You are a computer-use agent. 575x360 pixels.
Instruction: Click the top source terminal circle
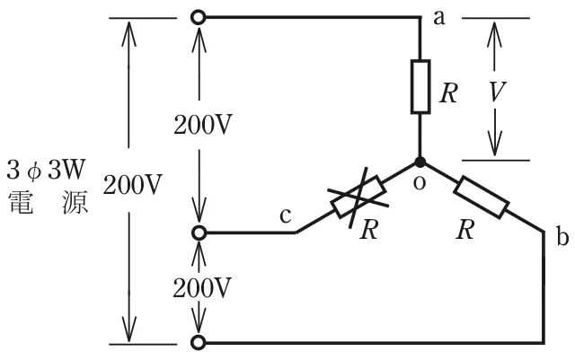tap(199, 17)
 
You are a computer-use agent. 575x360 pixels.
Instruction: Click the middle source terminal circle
tap(199, 233)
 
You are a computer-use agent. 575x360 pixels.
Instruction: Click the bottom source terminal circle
tap(199, 342)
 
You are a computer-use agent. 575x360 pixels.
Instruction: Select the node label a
tap(439, 18)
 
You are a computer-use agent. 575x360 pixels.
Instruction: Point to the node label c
tap(286, 216)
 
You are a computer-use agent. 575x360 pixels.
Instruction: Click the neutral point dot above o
tap(420, 162)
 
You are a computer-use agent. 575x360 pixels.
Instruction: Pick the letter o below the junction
tap(420, 183)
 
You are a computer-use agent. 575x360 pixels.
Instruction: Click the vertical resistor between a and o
tap(420, 86)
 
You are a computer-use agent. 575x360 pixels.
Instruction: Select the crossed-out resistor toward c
tap(358, 197)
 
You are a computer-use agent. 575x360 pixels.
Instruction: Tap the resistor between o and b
tap(482, 198)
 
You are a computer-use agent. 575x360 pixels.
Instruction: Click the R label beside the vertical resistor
tap(449, 93)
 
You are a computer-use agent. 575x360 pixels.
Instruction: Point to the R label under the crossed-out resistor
tap(368, 230)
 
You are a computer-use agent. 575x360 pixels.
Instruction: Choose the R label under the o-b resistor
tap(465, 230)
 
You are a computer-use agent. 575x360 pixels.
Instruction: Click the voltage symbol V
tap(496, 92)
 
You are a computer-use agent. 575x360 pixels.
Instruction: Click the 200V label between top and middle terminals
tap(203, 126)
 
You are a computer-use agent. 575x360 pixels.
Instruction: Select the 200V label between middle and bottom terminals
tap(202, 288)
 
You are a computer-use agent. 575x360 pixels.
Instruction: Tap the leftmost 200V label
tap(132, 184)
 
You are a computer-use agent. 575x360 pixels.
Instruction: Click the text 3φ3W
tap(46, 170)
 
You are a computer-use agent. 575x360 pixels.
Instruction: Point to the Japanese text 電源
tap(48, 202)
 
